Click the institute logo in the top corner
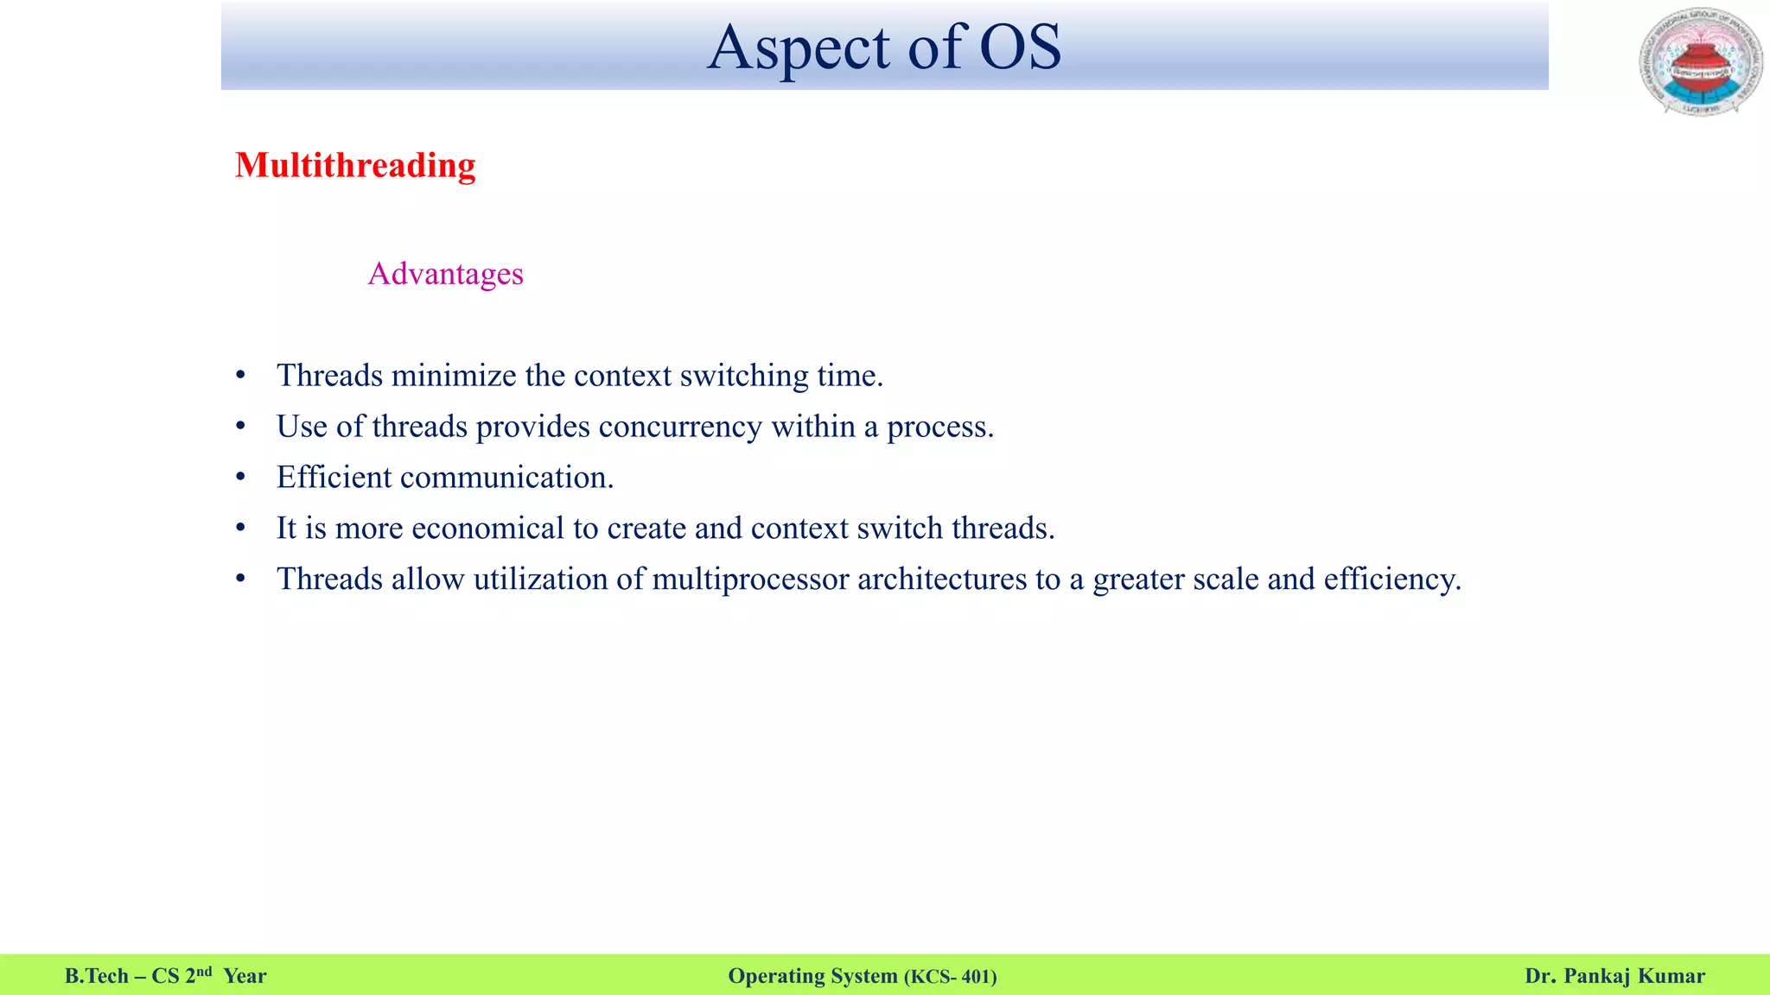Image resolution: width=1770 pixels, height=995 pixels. pos(1700,62)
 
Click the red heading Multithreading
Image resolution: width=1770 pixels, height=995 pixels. pos(355,166)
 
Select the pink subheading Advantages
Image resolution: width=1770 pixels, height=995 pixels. pos(445,274)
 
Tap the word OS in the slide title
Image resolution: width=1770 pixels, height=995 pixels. pos(1020,48)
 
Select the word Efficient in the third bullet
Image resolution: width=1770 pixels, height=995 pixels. pos(334,478)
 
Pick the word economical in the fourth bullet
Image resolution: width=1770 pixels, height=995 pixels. pos(487,529)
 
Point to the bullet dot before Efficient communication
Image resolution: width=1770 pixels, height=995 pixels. pos(241,478)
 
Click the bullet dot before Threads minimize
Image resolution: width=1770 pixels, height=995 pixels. pos(241,377)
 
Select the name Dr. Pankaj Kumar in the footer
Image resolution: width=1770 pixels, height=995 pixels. pos(1614,976)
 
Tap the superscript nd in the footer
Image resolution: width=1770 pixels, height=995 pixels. pos(204,971)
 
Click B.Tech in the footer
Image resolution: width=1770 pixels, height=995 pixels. pos(96,976)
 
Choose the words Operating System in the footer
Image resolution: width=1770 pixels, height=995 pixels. pos(812,976)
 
